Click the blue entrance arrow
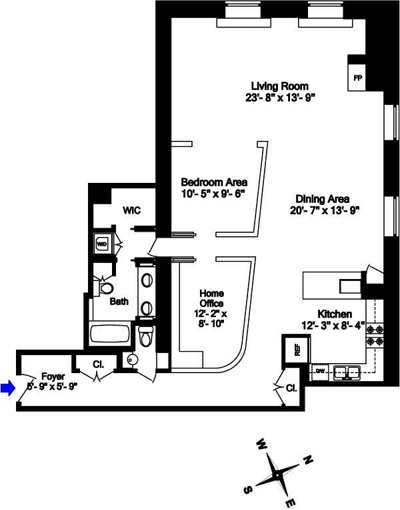pyautogui.click(x=7, y=388)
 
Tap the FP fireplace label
pyautogui.click(x=357, y=78)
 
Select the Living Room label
pyautogui.click(x=279, y=86)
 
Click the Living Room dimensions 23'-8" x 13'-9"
pyautogui.click(x=279, y=97)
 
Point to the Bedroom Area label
pyautogui.click(x=215, y=182)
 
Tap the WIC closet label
pyautogui.click(x=131, y=210)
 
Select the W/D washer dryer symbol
pyautogui.click(x=103, y=244)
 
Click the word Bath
pyautogui.click(x=119, y=302)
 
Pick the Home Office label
pyautogui.click(x=212, y=299)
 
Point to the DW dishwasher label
pyautogui.click(x=321, y=370)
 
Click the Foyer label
pyautogui.click(x=53, y=376)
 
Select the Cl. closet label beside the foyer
pyautogui.click(x=99, y=365)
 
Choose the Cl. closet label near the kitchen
pyautogui.click(x=291, y=388)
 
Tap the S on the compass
pyautogui.click(x=247, y=490)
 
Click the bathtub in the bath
pyautogui.click(x=110, y=333)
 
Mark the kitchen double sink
pyautogui.click(x=347, y=371)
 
